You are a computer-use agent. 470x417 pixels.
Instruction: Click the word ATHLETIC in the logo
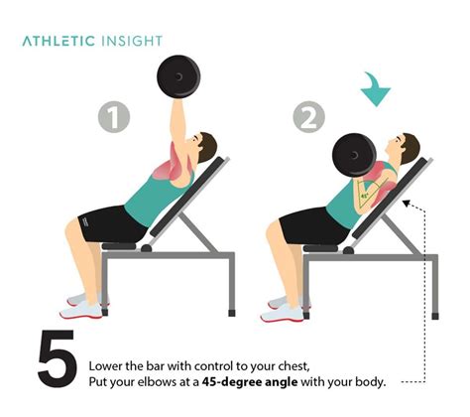[59, 41]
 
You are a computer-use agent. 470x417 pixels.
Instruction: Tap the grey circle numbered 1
[115, 119]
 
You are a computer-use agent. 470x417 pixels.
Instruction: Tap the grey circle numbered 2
[308, 119]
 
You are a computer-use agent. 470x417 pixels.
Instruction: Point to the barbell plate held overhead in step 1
[179, 76]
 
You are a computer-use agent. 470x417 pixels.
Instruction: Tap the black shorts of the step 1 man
[109, 223]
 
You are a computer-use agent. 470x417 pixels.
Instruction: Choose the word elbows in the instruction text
[167, 380]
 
